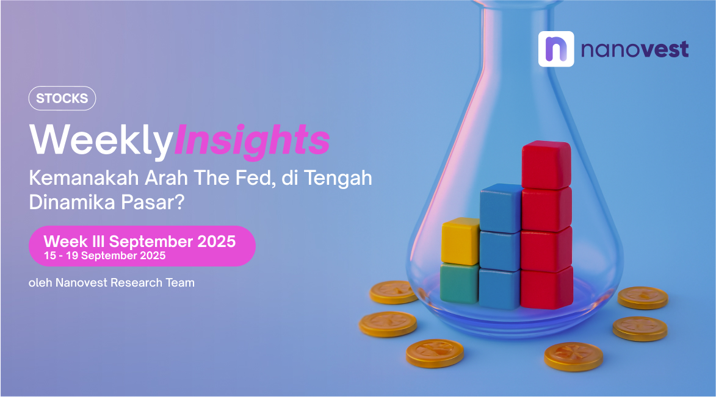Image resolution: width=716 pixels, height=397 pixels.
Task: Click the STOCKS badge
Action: click(62, 98)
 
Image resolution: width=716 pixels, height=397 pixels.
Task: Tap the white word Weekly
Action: click(101, 140)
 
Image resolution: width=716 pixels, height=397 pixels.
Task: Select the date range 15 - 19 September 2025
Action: click(104, 256)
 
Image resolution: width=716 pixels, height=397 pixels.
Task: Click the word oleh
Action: click(40, 283)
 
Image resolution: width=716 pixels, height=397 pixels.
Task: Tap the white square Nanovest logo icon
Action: click(555, 49)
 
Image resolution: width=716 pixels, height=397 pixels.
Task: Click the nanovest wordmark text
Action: click(635, 49)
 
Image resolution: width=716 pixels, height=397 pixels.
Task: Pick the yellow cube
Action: click(460, 241)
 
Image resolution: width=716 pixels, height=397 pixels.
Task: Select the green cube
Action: click(460, 282)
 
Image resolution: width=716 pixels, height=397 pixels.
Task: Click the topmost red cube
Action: click(546, 165)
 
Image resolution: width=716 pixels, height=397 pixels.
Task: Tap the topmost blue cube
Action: click(501, 208)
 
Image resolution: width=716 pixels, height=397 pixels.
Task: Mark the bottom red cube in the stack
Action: click(546, 287)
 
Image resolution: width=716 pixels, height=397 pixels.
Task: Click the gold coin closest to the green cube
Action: click(394, 293)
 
